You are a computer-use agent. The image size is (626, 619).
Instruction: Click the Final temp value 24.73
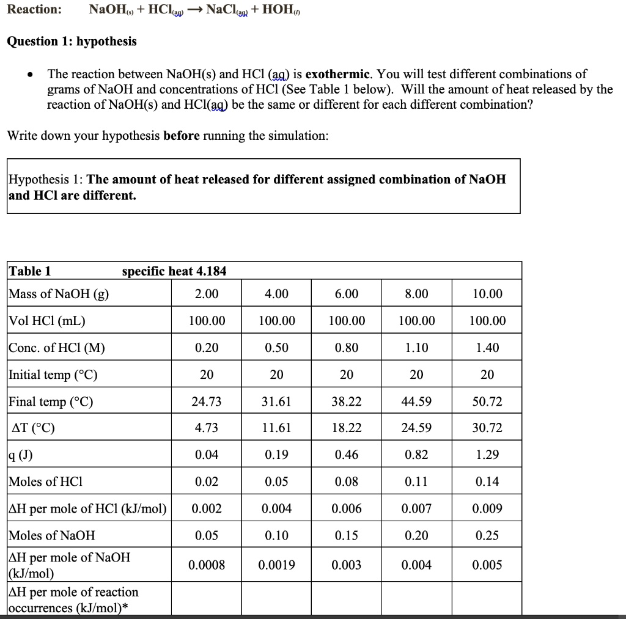click(207, 401)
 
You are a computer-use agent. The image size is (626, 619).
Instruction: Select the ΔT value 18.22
click(347, 428)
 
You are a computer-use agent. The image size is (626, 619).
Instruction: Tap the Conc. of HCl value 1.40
click(487, 348)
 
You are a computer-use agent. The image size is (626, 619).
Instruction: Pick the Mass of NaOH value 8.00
click(417, 294)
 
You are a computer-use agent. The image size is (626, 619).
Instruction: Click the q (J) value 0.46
click(347, 455)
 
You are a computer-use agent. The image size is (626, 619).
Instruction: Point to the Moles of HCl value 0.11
click(417, 482)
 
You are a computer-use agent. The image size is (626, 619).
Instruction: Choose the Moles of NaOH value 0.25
click(487, 535)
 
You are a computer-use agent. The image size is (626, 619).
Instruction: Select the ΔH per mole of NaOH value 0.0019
click(276, 565)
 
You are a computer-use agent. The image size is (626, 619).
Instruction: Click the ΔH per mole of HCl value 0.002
click(207, 508)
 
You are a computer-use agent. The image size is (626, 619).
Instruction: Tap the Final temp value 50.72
click(487, 401)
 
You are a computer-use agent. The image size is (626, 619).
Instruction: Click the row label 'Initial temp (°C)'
click(53, 375)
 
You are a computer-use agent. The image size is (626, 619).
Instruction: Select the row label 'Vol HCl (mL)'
click(47, 321)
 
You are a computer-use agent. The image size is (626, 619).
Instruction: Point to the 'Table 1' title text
click(29, 271)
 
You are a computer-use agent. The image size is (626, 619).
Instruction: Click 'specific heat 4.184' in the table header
click(174, 271)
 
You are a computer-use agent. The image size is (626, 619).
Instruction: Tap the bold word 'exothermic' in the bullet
click(338, 75)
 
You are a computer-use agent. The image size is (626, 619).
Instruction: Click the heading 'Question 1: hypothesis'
click(72, 42)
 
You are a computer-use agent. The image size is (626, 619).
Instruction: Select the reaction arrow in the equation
click(188, 10)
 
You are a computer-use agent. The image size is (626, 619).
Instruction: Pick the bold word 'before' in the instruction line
click(181, 135)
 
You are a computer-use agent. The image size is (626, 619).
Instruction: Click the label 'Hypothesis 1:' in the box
click(46, 179)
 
